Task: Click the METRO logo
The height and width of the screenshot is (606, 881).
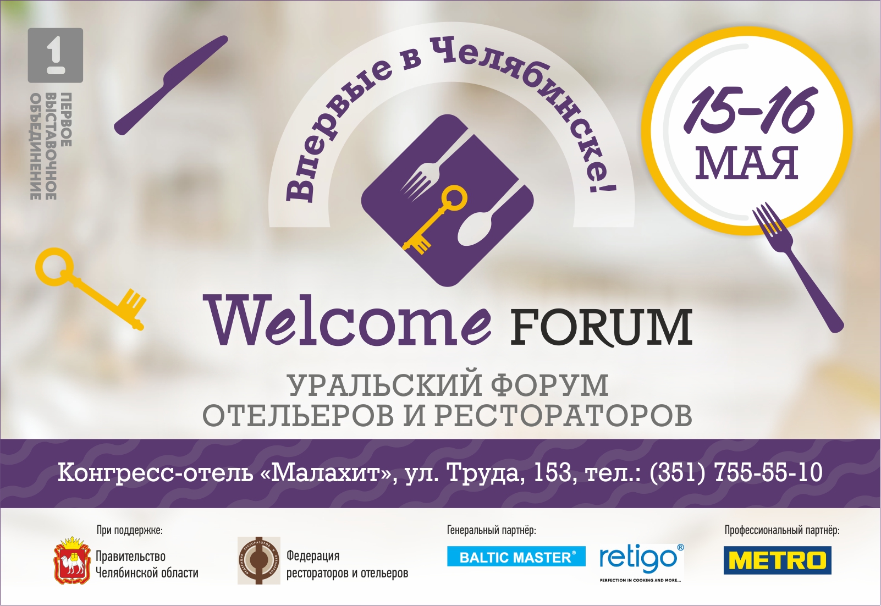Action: [777, 560]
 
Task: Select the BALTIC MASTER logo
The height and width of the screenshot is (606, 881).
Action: [516, 556]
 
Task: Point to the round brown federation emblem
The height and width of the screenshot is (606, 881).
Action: [259, 560]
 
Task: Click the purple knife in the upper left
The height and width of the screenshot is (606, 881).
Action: [170, 85]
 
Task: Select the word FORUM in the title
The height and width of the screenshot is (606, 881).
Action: [601, 327]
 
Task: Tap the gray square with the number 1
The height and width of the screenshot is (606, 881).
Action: [56, 56]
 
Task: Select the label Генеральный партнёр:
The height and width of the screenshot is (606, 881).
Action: [491, 530]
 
